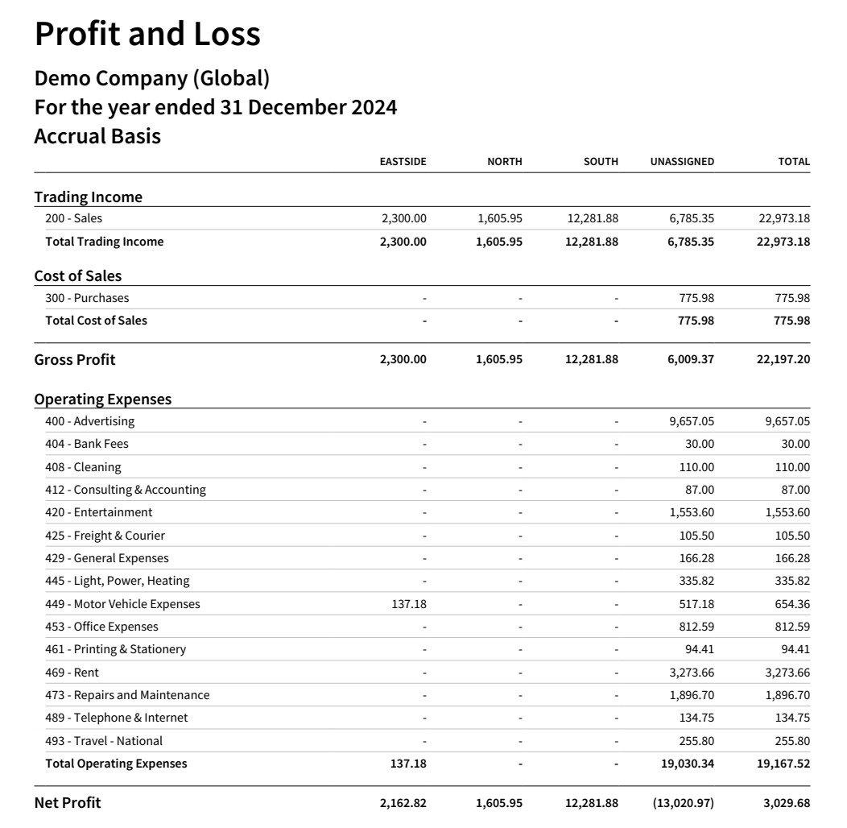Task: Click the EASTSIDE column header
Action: point(403,162)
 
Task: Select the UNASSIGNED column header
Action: point(682,162)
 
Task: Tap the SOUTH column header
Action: point(601,162)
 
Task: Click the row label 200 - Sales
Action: point(74,218)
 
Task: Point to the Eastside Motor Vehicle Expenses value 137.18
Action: point(409,604)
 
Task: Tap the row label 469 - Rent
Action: point(72,673)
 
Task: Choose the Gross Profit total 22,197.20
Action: point(783,360)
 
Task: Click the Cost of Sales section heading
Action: point(78,276)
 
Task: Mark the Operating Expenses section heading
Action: point(103,400)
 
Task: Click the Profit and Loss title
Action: point(147,35)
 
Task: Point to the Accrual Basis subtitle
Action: point(97,137)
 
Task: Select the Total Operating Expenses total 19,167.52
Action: point(783,764)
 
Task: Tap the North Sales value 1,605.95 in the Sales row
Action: point(499,218)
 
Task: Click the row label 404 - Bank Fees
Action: point(87,444)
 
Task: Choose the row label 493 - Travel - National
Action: point(104,741)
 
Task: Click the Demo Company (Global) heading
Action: point(152,79)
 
